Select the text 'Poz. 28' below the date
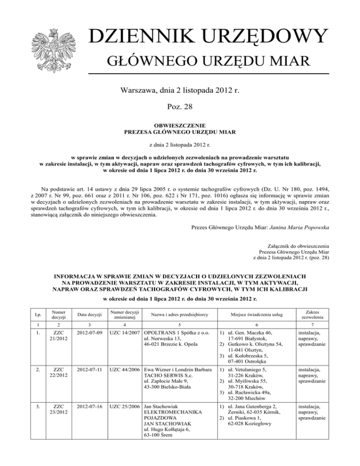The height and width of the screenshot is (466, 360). point(180,107)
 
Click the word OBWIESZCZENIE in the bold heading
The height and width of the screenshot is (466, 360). point(180,126)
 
